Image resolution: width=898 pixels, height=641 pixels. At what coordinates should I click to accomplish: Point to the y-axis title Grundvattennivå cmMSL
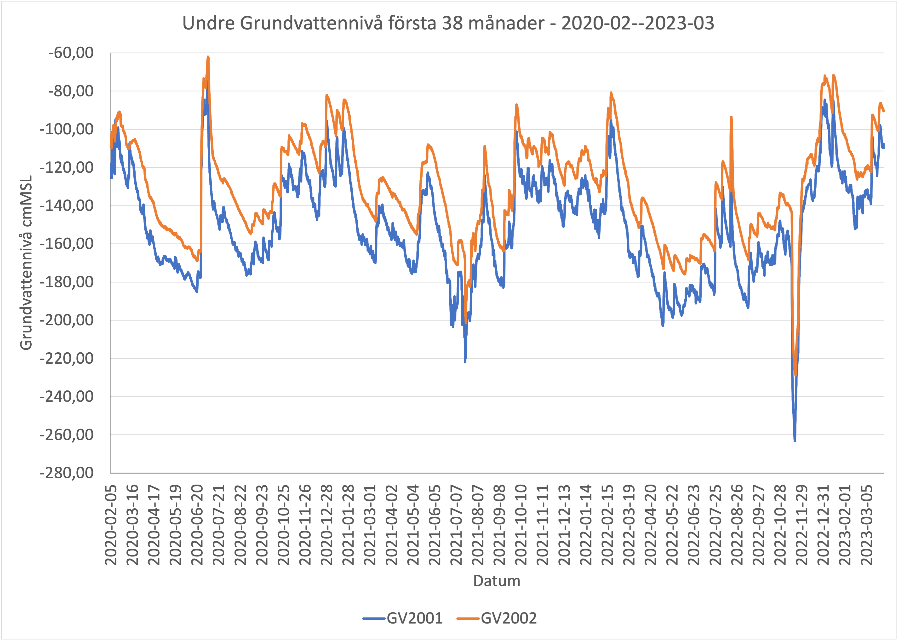coord(26,263)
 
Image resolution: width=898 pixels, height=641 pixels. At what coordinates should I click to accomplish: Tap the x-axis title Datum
coord(497,581)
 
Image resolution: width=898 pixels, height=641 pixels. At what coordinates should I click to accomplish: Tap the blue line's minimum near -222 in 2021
coord(465,361)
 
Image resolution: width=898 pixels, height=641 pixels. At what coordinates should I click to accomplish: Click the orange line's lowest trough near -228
coord(796,375)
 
